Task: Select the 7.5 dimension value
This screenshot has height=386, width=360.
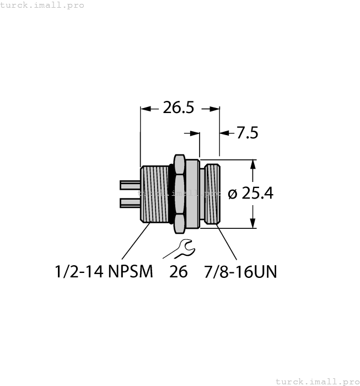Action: click(248, 133)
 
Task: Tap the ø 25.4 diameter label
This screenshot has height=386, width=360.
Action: click(251, 194)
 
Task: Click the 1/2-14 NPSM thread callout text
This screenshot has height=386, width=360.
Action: click(104, 272)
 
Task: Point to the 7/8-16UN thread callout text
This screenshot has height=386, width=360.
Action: click(240, 272)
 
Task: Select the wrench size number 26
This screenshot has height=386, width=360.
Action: click(179, 272)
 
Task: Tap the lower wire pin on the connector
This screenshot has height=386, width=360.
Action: click(130, 203)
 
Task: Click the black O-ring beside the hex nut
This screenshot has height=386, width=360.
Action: click(172, 193)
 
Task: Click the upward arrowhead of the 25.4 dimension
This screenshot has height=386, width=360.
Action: click(253, 164)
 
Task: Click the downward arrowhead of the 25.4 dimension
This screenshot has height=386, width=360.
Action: click(253, 223)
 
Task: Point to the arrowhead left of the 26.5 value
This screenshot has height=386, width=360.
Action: click(146, 109)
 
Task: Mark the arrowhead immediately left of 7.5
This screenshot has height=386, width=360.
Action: click(224, 133)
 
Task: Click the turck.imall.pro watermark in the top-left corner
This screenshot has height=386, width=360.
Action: click(43, 5)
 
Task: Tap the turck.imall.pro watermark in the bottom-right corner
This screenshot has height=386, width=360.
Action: click(317, 381)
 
